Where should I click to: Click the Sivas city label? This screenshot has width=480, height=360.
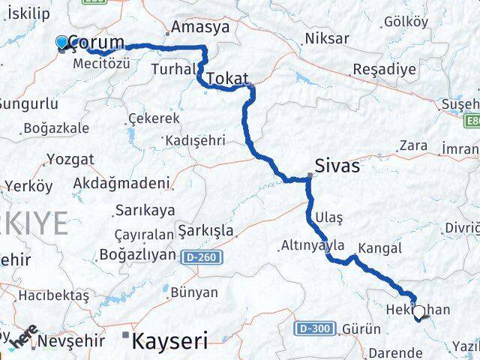pos(337,165)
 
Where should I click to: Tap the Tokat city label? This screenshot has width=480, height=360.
pos(226,78)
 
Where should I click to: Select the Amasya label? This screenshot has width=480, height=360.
pos(200,28)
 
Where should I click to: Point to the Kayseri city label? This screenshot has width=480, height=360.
pos(169,342)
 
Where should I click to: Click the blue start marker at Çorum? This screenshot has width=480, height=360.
pos(62,43)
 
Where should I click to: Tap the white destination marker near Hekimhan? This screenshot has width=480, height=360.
pos(418,312)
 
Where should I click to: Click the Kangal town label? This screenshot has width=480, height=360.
pos(380,247)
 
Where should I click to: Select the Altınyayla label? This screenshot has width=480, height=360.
pos(312,245)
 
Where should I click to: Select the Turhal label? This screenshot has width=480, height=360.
pos(172,68)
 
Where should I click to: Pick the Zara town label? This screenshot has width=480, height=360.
pos(413,145)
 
